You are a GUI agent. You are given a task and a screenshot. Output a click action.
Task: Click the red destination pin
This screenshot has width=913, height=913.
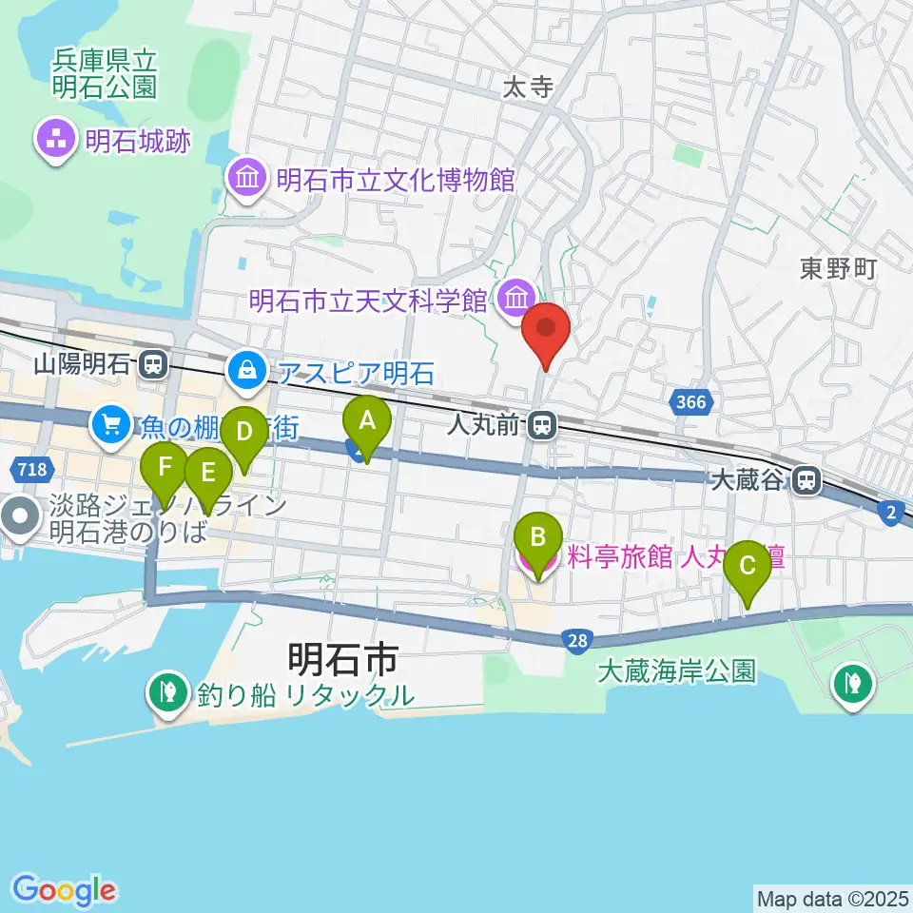(547, 331)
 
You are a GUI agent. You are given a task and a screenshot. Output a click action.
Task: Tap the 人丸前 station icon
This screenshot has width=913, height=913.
(543, 424)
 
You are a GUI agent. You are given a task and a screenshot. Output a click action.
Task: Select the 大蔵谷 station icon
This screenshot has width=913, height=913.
(807, 480)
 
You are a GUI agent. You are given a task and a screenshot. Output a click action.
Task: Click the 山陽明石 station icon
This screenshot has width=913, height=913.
(151, 363)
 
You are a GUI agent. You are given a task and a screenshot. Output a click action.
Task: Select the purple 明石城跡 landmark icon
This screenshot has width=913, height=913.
(56, 142)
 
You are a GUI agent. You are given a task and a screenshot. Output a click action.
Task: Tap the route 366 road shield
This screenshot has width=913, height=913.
(691, 402)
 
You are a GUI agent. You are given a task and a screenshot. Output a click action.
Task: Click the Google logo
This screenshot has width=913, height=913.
(64, 890)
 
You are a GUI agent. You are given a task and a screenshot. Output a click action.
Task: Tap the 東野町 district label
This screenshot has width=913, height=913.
(837, 269)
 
